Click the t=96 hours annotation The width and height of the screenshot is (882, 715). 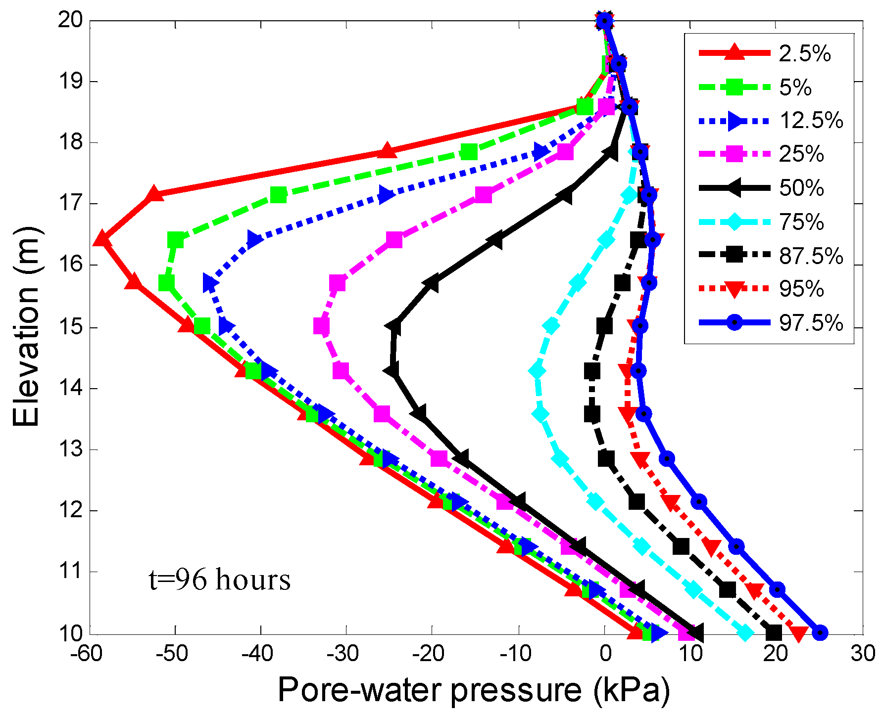tap(219, 580)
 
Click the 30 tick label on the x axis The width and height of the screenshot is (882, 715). tap(863, 654)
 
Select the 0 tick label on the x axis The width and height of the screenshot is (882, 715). tap(605, 654)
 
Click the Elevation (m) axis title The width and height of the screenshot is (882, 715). tap(26, 326)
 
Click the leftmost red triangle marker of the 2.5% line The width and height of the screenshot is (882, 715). tap(102, 239)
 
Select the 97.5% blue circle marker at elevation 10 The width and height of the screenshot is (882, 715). tap(820, 632)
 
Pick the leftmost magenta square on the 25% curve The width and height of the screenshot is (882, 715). tap(322, 326)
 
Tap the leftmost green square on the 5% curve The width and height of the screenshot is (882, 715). tap(166, 283)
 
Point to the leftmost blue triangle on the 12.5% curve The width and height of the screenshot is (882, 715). tap(211, 283)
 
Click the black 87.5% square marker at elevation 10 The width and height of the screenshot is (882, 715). tap(773, 632)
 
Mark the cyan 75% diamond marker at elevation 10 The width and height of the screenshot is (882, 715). tap(745, 632)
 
